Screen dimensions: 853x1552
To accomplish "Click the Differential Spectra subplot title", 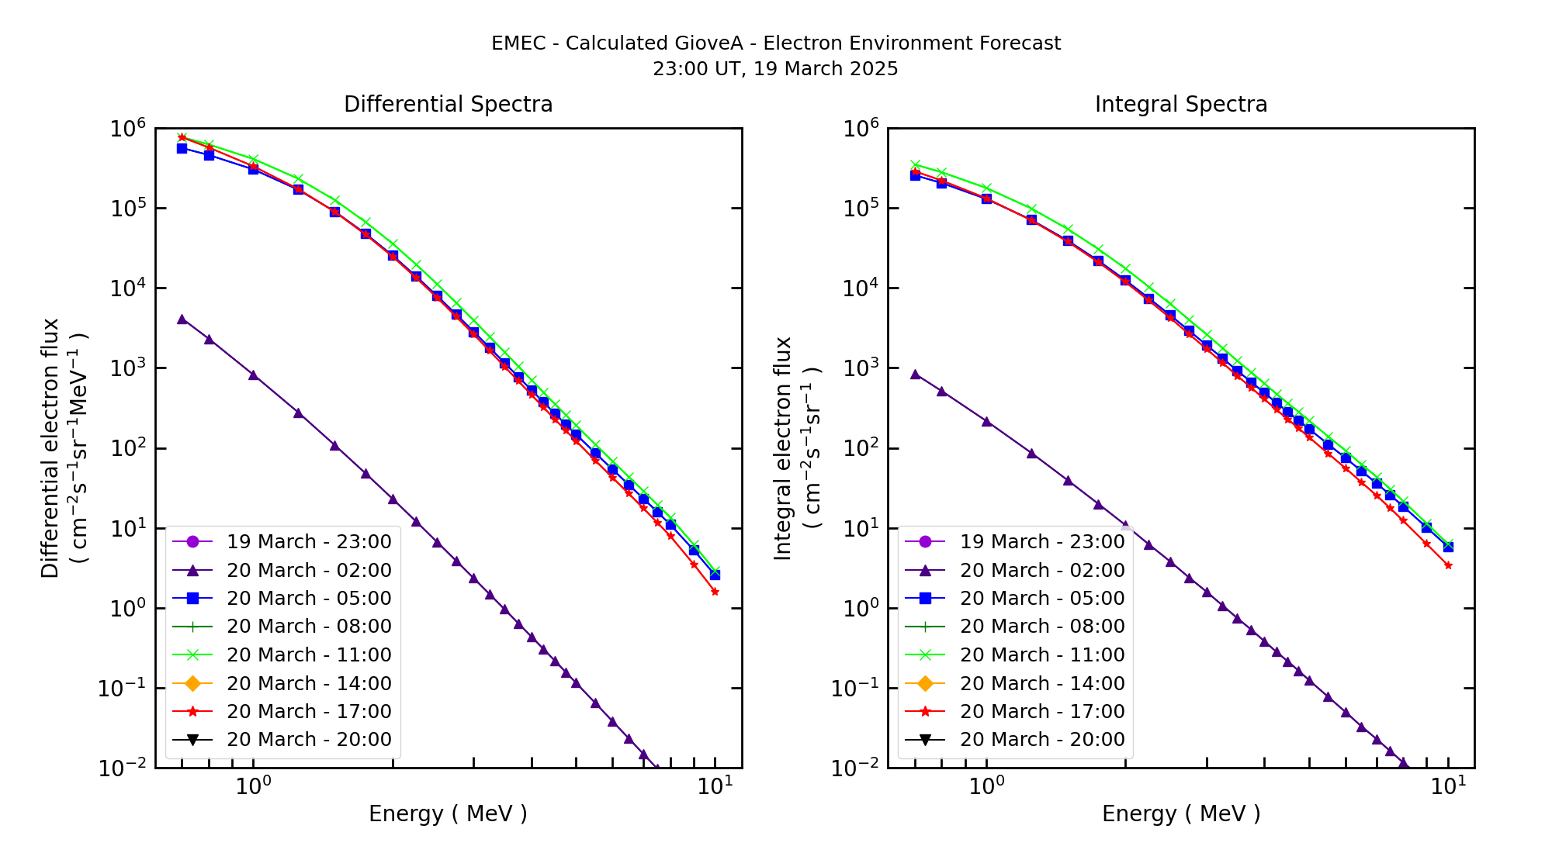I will coord(448,104).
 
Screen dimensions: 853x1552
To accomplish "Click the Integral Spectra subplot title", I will coord(1180,104).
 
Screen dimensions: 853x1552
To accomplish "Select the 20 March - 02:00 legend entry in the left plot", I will coord(309,570).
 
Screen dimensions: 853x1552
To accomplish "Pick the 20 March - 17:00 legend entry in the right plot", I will coord(1042,711).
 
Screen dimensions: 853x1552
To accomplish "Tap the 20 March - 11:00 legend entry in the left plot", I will coord(309,654).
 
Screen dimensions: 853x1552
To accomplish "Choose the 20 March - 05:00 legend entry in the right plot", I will coord(1042,598).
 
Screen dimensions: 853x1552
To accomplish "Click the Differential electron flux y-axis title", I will coord(51,447).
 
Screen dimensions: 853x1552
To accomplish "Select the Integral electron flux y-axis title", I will coord(784,447).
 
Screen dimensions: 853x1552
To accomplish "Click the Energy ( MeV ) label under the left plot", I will coord(448,813).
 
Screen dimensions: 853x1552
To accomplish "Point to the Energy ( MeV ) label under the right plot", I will coord(1180,813).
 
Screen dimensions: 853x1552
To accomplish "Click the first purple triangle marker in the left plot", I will coord(182,319).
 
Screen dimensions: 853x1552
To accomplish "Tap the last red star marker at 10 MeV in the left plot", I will coord(715,592).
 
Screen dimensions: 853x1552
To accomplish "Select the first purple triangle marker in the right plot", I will coord(915,375).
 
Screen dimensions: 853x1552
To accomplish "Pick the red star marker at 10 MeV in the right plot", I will coord(1448,565).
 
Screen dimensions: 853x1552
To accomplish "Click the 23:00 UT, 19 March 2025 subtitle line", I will coord(775,69).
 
